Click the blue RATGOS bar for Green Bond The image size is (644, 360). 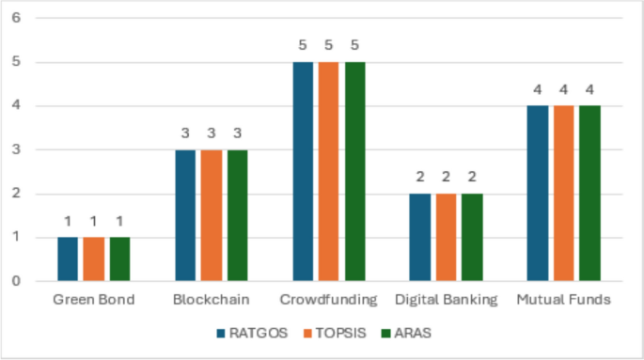68,258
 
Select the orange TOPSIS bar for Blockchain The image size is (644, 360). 212,215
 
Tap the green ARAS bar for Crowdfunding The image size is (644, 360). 354,171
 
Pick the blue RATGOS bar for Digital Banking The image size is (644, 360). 420,237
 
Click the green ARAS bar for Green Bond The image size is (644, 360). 119,258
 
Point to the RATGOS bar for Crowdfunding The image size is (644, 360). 303,171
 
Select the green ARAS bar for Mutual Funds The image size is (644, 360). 589,193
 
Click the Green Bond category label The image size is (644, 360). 93,300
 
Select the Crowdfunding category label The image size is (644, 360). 328,300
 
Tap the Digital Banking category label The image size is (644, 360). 446,300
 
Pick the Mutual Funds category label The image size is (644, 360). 563,300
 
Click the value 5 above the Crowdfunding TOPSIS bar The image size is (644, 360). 328,45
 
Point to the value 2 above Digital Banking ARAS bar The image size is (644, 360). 472,177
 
